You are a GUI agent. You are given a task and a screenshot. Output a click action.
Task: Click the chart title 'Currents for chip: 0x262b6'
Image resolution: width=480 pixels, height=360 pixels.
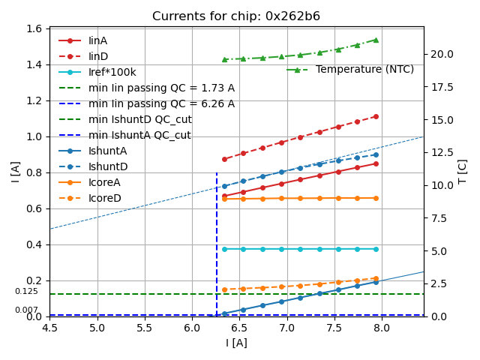(236, 16)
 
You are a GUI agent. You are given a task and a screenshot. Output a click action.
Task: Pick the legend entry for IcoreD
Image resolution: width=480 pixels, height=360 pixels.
(104, 198)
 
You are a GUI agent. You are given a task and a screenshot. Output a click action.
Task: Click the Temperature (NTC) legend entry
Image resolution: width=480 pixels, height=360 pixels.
(364, 69)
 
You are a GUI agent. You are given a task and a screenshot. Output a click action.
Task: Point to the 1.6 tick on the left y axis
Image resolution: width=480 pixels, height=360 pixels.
(35, 29)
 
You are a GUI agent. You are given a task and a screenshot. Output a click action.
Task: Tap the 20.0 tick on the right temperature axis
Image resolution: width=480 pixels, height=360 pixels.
(439, 54)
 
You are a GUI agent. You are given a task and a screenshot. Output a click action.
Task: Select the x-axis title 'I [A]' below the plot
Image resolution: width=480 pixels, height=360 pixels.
(236, 343)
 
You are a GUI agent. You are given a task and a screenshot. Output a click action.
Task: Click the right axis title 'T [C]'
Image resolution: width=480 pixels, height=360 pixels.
(463, 171)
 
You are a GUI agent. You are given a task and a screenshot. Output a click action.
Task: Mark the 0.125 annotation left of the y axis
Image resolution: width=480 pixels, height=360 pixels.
(26, 291)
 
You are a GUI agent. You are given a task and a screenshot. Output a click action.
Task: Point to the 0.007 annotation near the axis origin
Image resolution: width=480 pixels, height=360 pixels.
(26, 310)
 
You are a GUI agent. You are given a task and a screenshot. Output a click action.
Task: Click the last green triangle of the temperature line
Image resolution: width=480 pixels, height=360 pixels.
(376, 40)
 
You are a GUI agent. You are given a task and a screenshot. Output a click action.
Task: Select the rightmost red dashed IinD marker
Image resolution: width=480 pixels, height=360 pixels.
(376, 116)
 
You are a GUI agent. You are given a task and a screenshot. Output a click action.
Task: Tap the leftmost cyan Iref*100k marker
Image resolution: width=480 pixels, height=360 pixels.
(224, 249)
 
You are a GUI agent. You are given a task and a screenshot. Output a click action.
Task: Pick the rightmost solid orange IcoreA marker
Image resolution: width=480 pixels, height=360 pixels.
(376, 198)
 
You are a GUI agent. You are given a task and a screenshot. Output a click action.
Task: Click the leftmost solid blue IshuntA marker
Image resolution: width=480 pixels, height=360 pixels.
(224, 313)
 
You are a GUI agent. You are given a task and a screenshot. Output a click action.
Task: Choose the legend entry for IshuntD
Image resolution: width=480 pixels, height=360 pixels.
(108, 166)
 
